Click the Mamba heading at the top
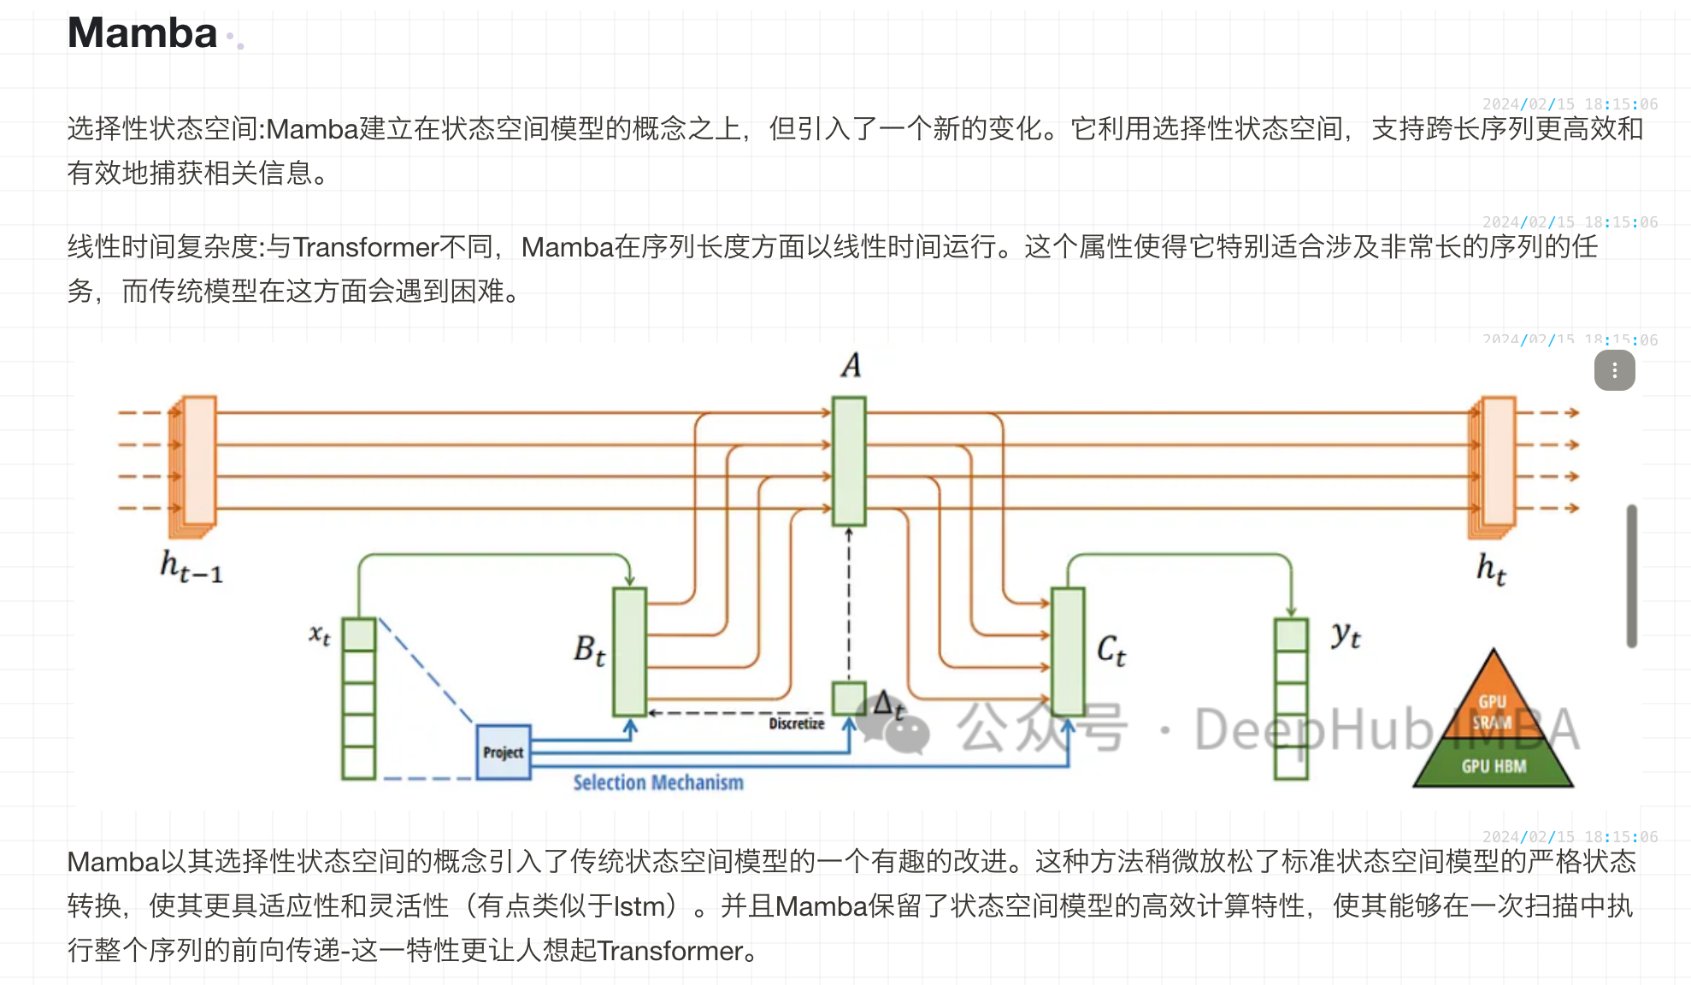click(x=142, y=33)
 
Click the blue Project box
click(x=504, y=752)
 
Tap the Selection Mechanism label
click(x=657, y=782)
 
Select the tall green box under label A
click(x=849, y=461)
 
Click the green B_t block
click(x=630, y=652)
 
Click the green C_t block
click(x=1068, y=652)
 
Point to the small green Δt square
click(x=848, y=699)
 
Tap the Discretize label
click(x=796, y=723)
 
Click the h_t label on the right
click(x=1491, y=569)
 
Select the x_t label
click(x=320, y=634)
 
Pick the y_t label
click(x=1345, y=634)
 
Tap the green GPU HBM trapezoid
click(x=1493, y=765)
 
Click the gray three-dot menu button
click(x=1614, y=370)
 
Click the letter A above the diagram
click(x=851, y=365)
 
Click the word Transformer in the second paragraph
click(x=366, y=247)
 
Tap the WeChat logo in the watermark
click(x=893, y=725)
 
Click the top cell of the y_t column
click(x=1291, y=634)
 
